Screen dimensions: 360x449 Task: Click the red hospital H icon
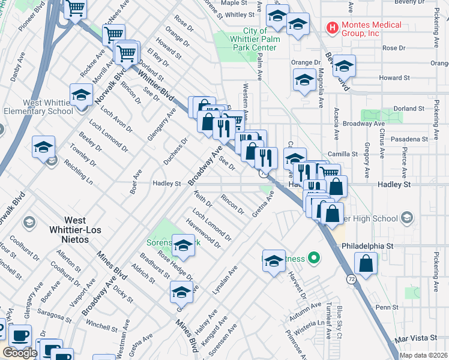331,27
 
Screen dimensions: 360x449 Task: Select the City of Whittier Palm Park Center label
261,40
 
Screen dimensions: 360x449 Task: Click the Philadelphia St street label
367,246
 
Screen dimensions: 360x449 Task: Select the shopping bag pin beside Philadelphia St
366,263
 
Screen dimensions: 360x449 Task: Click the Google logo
19,353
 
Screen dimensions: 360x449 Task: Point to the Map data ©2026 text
424,355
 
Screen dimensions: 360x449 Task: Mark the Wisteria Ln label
315,326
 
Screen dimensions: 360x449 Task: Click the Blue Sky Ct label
340,317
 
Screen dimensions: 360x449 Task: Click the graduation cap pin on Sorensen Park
183,245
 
